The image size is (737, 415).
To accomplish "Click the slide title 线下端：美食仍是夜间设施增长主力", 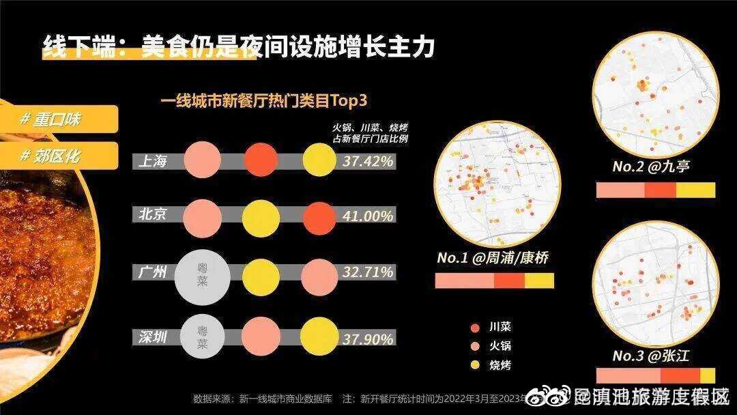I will click(239, 47).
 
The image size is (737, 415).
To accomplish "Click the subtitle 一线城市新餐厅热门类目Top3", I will click(264, 100).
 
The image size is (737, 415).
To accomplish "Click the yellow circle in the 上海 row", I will click(319, 161).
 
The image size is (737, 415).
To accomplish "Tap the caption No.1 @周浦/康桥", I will click(493, 259).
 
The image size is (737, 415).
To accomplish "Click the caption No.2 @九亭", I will click(651, 167).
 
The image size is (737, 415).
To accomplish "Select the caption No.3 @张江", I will click(651, 356).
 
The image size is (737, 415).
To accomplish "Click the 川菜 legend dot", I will click(474, 327).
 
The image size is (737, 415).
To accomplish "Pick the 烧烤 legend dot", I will click(474, 365).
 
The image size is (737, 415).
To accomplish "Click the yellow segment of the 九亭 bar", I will click(695, 190).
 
